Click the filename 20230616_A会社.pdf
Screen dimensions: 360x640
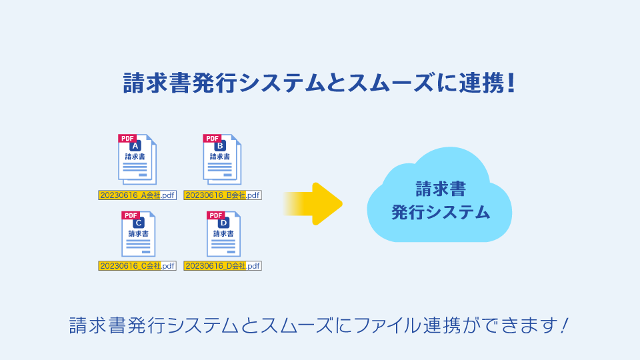tap(137, 195)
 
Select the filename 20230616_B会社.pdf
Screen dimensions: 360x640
tap(223, 195)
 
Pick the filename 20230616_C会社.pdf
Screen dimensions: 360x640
tap(137, 265)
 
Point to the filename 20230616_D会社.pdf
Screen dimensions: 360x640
tap(223, 265)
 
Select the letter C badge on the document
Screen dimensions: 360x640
tap(138, 223)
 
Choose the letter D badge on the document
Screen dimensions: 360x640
tap(223, 223)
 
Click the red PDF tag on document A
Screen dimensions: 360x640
tap(127, 139)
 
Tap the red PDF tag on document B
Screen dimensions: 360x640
tap(212, 139)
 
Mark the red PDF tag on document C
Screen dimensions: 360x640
tap(131, 215)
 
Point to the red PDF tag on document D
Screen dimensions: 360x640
tap(216, 215)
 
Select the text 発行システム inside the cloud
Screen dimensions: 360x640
tap(440, 213)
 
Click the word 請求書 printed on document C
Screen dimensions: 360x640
tap(138, 234)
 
